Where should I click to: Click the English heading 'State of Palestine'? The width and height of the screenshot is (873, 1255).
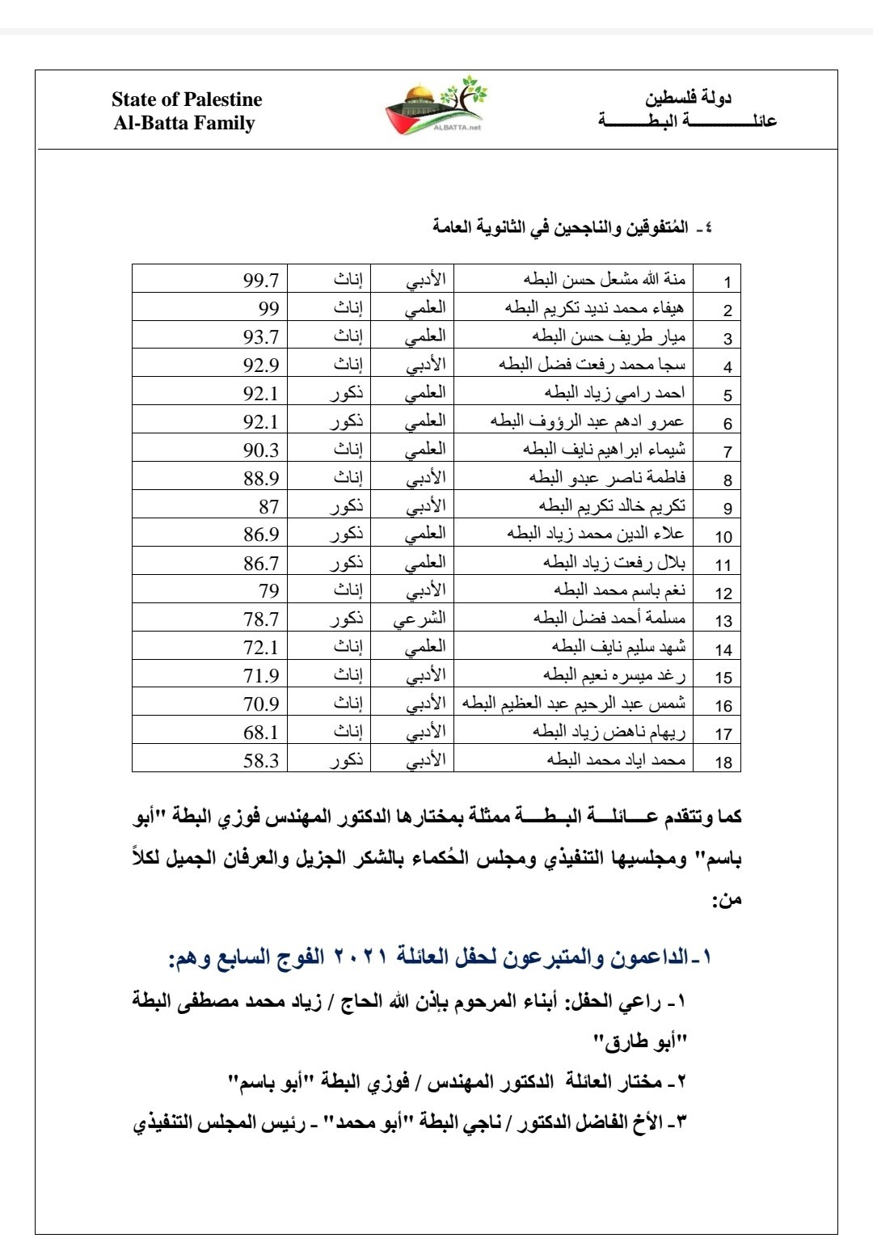tap(187, 99)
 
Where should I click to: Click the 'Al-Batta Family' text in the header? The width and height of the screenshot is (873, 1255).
tap(184, 124)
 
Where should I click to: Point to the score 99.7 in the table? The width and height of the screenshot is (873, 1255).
tap(261, 281)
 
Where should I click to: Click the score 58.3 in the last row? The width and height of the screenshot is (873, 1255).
tap(261, 761)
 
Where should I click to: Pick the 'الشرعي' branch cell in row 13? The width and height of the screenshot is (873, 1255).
tap(419, 620)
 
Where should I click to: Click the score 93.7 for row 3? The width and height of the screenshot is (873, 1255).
tap(261, 337)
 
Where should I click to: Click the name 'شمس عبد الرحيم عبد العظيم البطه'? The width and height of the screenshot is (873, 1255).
tap(574, 704)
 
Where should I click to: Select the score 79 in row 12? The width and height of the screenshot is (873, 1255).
tap(268, 591)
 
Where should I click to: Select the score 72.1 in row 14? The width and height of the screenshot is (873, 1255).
tap(261, 648)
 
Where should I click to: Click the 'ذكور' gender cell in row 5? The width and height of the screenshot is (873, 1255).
tap(347, 395)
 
